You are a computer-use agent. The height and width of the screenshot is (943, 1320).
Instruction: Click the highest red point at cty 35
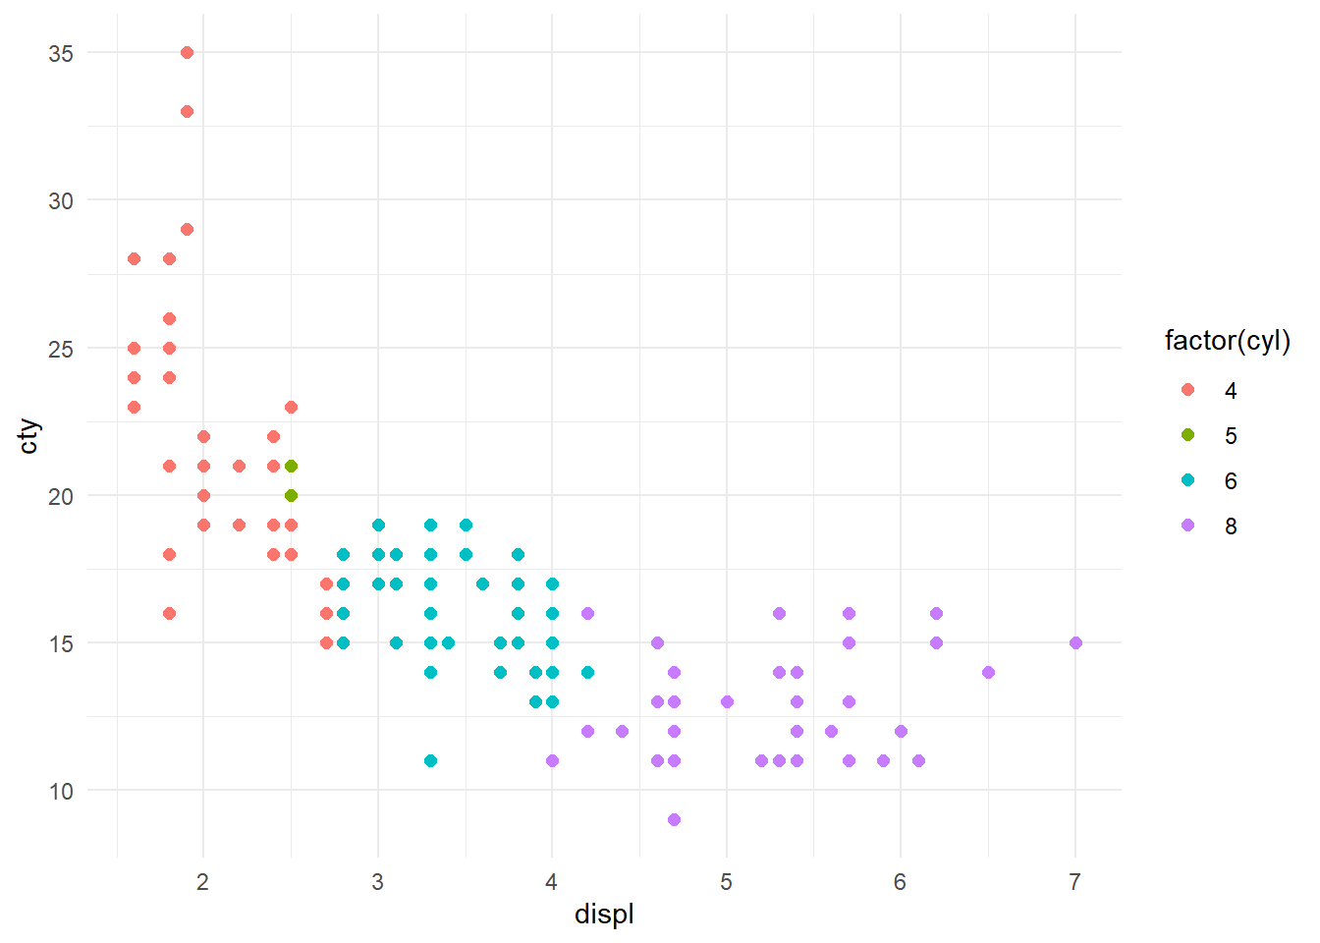187,52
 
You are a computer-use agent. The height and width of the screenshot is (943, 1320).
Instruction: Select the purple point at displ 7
1075,642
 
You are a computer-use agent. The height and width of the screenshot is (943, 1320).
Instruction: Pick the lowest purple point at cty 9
674,819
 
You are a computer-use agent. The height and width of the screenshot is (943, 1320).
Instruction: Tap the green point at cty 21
291,466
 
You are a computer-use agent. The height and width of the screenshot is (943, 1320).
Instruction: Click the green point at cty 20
291,495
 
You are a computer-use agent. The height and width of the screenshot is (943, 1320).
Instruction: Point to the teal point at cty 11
430,760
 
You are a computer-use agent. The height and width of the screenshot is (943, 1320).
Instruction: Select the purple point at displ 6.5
988,672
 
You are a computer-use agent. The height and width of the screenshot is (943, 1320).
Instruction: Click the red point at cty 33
187,111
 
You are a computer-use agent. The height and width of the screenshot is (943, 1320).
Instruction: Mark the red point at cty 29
187,229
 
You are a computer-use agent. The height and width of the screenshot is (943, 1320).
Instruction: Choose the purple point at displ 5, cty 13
727,701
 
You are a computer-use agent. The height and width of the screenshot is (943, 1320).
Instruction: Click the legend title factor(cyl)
1227,341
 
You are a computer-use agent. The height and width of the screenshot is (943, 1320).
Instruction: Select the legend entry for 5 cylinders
1231,435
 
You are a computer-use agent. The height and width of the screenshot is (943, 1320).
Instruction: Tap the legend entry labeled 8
1231,526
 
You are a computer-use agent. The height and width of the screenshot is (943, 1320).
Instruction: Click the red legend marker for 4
1188,390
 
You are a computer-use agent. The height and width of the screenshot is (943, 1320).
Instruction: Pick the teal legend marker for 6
1188,480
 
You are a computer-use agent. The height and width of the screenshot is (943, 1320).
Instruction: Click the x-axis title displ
604,915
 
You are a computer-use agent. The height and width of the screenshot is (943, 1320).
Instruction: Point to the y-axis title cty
29,436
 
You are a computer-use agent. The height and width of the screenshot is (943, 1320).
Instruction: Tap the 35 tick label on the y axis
61,53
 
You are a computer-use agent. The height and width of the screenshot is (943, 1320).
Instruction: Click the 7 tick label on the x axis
1075,882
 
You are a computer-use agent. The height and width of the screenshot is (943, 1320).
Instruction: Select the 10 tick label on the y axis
61,791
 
